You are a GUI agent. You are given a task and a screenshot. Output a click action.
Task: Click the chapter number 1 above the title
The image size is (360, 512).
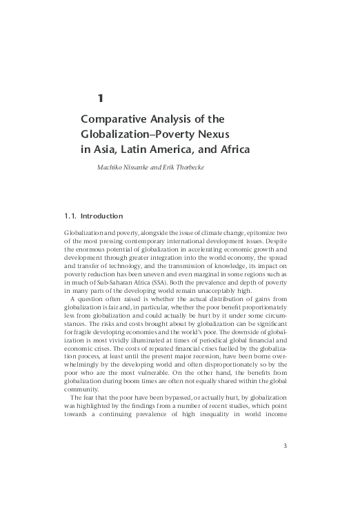pos(100,98)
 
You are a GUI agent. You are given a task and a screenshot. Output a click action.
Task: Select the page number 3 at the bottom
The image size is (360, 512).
pos(285,445)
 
